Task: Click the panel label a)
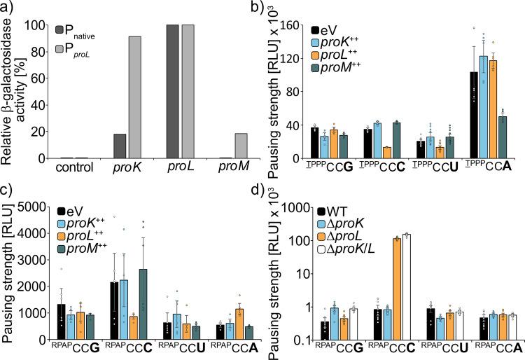(x=9, y=8)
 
